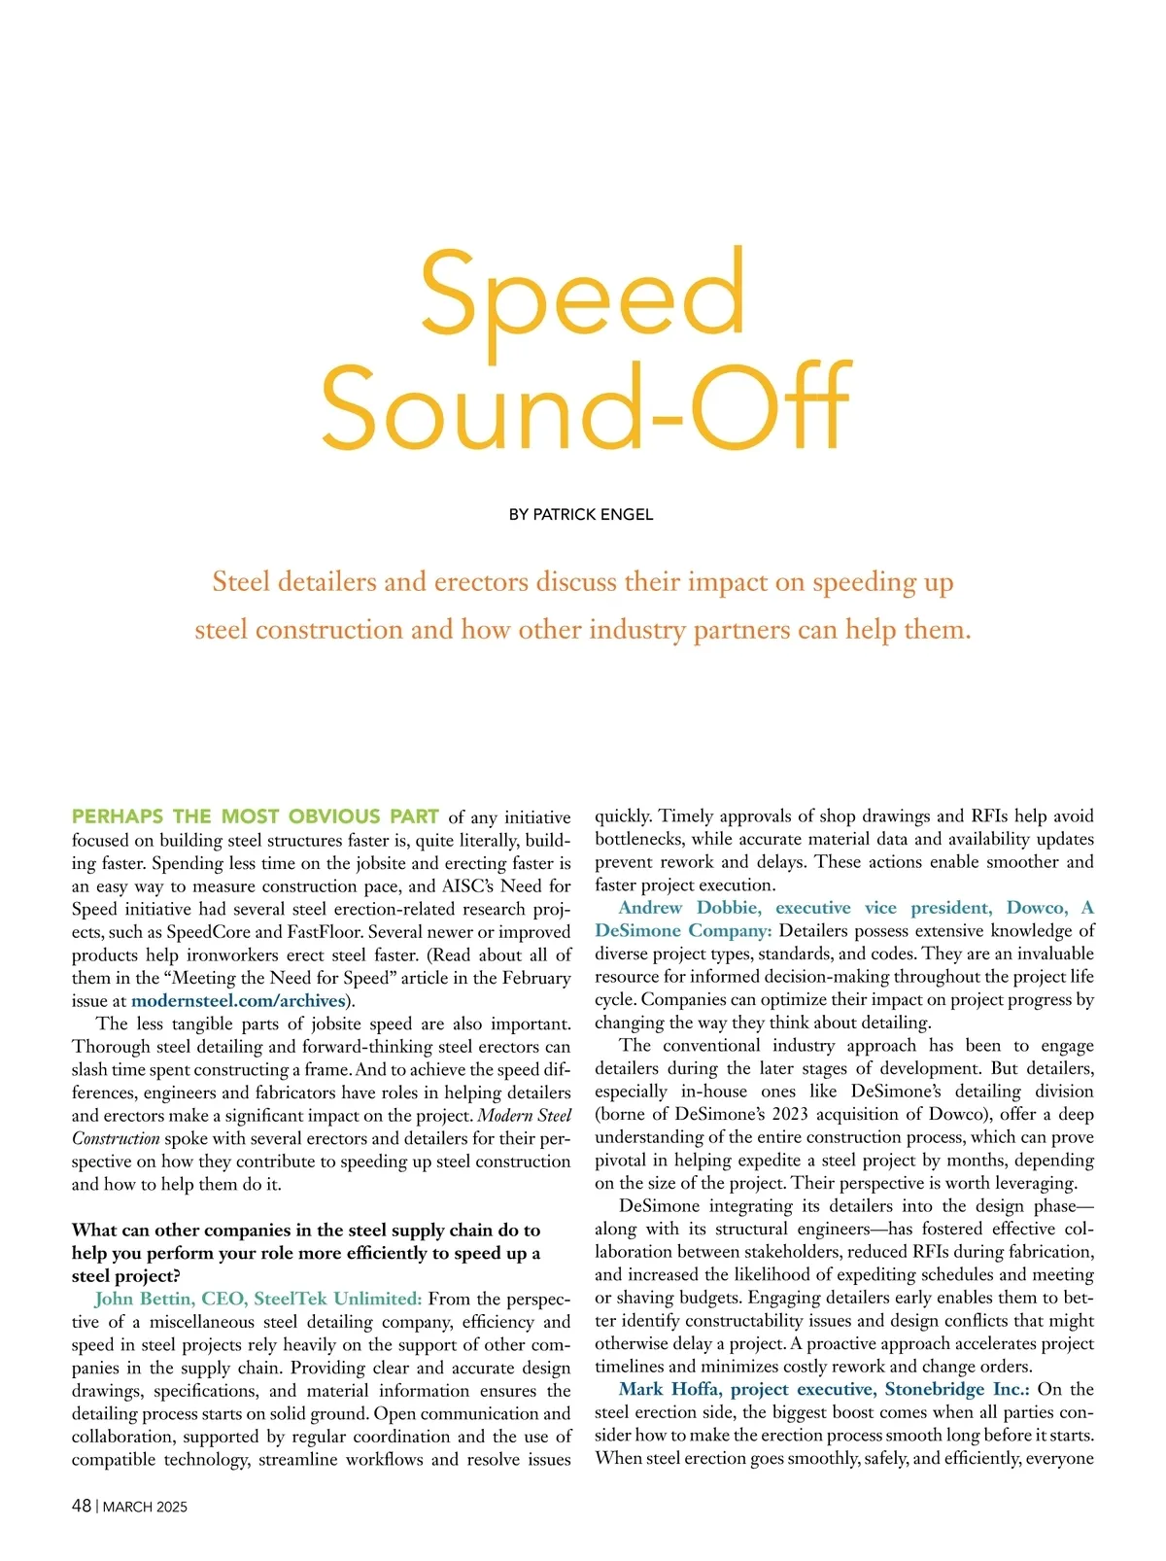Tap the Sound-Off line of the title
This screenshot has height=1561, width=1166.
(x=586, y=408)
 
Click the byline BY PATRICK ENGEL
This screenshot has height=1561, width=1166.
(x=581, y=514)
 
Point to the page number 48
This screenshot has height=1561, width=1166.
(x=82, y=1506)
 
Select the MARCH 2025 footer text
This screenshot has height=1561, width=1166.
(x=145, y=1507)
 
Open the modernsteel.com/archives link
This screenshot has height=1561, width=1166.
(x=238, y=1000)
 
